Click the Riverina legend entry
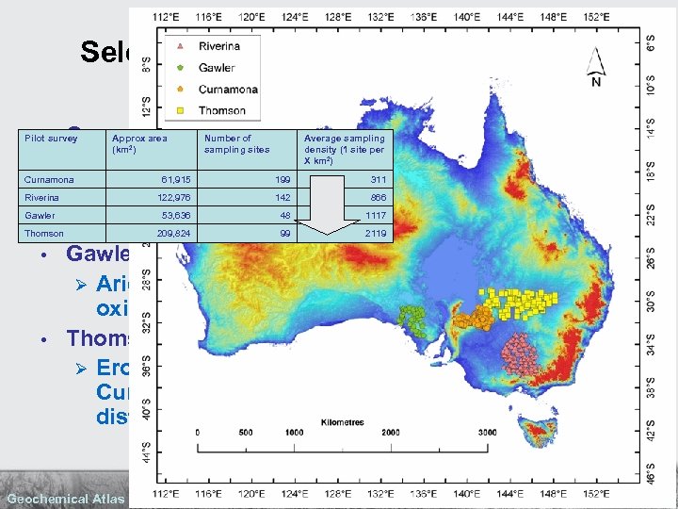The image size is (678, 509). (x=218, y=46)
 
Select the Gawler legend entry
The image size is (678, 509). (x=216, y=68)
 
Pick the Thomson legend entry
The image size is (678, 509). (x=221, y=110)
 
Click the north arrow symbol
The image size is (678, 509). (x=594, y=67)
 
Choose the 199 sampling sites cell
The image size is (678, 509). (x=280, y=179)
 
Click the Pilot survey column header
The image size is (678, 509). (x=51, y=139)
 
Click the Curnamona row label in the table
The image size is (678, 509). (x=49, y=179)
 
